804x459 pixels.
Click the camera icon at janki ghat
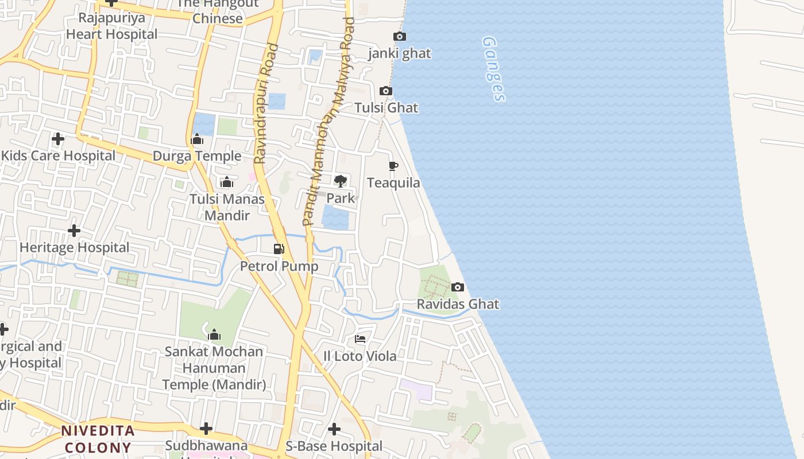coord(400,37)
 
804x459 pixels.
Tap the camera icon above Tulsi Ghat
coord(386,91)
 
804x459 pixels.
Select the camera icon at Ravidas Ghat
coord(458,287)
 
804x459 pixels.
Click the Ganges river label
coord(494,69)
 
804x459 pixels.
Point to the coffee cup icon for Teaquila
coord(393,166)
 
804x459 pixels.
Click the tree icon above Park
coord(341,181)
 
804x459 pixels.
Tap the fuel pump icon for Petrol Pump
coord(279,249)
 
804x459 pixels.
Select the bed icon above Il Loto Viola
coord(360,339)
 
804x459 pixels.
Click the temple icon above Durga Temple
coord(197,139)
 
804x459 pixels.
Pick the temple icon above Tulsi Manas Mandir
coord(227,182)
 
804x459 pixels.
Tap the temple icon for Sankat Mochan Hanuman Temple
coord(214,334)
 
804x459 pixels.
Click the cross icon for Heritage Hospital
coord(74,231)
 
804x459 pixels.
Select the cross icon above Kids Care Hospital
coord(58,139)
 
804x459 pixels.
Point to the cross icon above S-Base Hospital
coord(334,429)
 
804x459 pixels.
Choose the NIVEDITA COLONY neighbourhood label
coord(98,439)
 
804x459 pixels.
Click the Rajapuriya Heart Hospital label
coord(111,26)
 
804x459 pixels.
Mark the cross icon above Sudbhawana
coord(206,429)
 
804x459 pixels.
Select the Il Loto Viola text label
coord(360,356)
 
